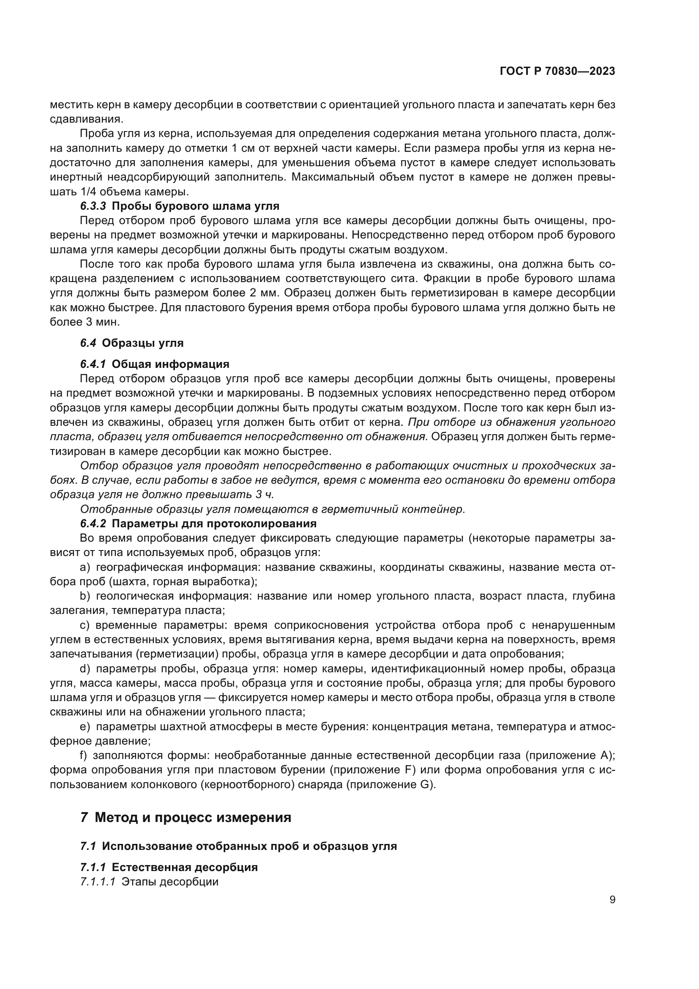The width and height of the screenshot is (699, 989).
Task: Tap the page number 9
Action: [x=612, y=900]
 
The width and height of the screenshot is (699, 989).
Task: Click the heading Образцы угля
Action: [x=142, y=343]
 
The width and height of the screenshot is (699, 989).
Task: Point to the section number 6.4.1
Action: [x=93, y=364]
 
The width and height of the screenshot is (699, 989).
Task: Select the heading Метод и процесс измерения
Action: [x=193, y=817]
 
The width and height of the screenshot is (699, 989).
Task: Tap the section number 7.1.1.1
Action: [x=98, y=882]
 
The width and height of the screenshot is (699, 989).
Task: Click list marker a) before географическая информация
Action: [x=85, y=567]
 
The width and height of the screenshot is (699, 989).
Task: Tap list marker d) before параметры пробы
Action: [x=85, y=669]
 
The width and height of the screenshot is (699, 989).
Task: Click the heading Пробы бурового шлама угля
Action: [x=195, y=206]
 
